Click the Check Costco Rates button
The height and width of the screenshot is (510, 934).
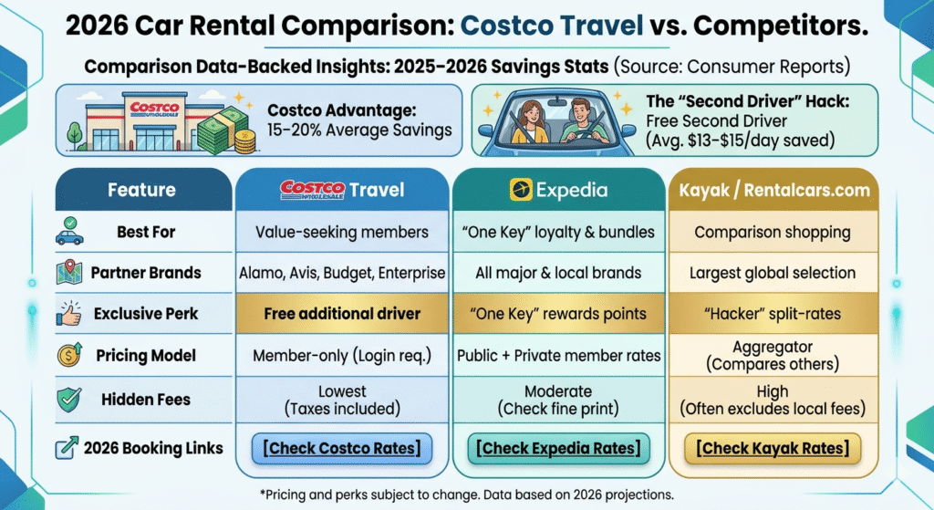pyautogui.click(x=342, y=448)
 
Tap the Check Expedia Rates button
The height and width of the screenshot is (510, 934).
pyautogui.click(x=558, y=448)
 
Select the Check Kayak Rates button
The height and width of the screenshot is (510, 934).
pyautogui.click(x=773, y=448)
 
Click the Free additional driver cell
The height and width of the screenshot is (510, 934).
pyautogui.click(x=342, y=313)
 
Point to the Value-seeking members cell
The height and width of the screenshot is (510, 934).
pyautogui.click(x=342, y=232)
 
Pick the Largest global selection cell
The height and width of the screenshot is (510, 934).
pyautogui.click(x=773, y=273)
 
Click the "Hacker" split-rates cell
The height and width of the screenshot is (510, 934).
pyautogui.click(x=773, y=313)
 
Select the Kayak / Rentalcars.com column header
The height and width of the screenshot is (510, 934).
pyautogui.click(x=773, y=190)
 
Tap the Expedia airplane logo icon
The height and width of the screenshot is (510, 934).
pyautogui.click(x=521, y=190)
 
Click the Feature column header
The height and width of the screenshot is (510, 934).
pyautogui.click(x=141, y=190)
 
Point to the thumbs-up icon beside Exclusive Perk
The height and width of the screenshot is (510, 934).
pyautogui.click(x=68, y=313)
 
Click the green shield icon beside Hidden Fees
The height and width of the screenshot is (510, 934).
pyautogui.click(x=69, y=400)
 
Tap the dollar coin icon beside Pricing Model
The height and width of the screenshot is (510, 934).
pyautogui.click(x=69, y=355)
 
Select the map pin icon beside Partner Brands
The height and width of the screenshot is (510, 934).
pyautogui.click(x=69, y=273)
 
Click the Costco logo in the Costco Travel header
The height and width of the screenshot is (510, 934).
pyautogui.click(x=312, y=190)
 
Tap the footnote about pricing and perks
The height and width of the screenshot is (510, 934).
pyautogui.click(x=467, y=494)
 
